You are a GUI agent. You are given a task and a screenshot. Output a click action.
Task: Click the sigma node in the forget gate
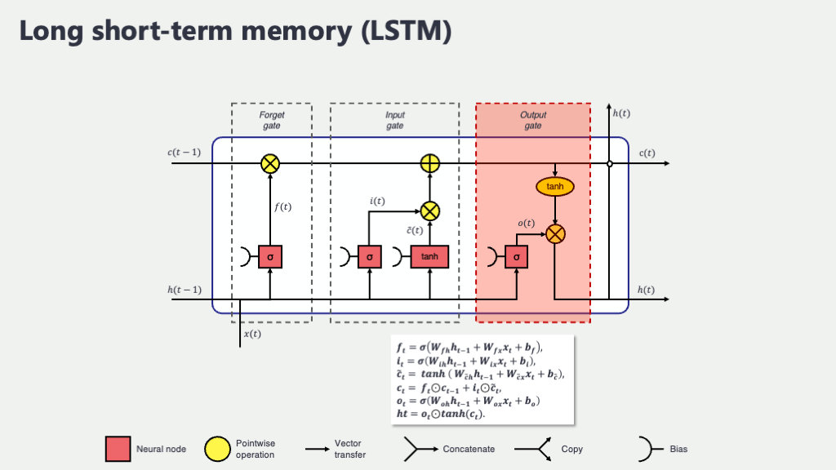pyautogui.click(x=270, y=257)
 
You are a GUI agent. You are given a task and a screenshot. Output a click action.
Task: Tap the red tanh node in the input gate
pyautogui.click(x=429, y=257)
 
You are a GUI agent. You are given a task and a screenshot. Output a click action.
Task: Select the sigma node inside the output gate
pyautogui.click(x=517, y=257)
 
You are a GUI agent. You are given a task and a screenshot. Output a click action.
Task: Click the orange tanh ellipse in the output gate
pyautogui.click(x=555, y=187)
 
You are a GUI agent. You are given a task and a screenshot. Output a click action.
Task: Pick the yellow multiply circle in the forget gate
pyautogui.click(x=270, y=164)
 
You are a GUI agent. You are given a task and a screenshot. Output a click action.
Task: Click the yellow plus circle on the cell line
pyautogui.click(x=429, y=164)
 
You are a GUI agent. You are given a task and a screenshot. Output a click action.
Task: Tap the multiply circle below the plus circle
pyautogui.click(x=429, y=211)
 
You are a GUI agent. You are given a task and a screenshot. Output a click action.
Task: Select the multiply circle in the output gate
pyautogui.click(x=555, y=234)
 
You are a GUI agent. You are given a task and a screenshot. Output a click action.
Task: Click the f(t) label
pyautogui.click(x=282, y=207)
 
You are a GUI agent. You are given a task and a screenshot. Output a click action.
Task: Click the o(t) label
pyautogui.click(x=527, y=224)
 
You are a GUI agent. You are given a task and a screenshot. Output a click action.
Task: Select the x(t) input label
pyautogui.click(x=253, y=335)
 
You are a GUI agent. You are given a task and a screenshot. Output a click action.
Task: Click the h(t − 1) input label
pyautogui.click(x=185, y=290)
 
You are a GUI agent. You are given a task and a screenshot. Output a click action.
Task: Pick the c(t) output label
pyautogui.click(x=647, y=153)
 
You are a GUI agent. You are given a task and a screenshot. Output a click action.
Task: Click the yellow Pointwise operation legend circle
pyautogui.click(x=218, y=449)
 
